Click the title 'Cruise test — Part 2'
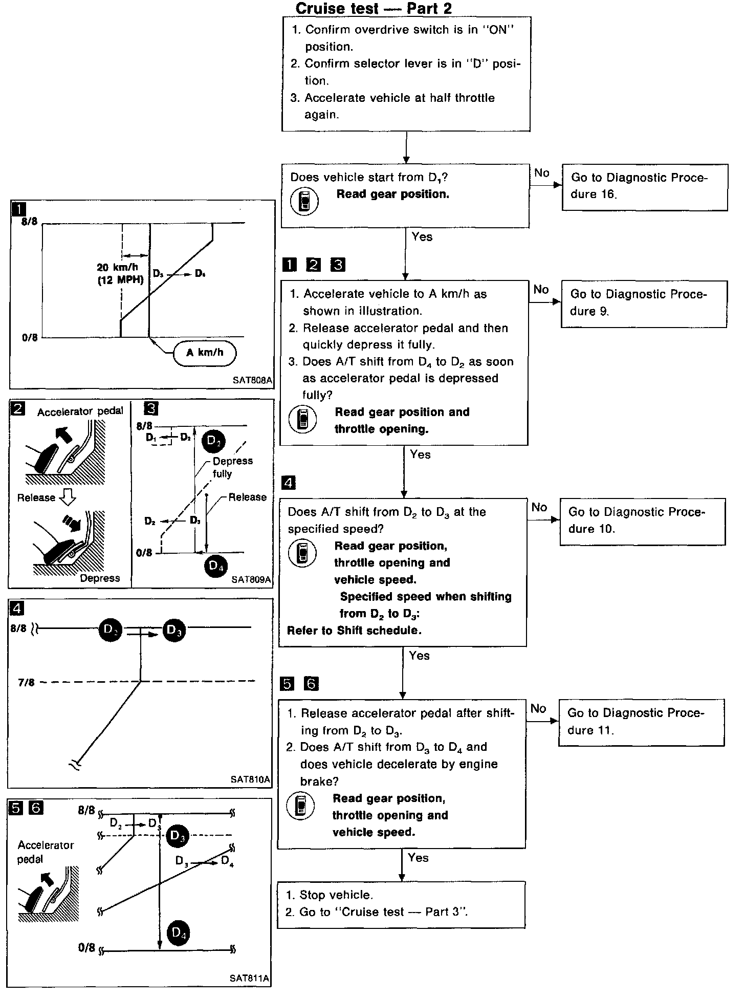pyautogui.click(x=374, y=8)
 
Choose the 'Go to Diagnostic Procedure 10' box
pyautogui.click(x=642, y=521)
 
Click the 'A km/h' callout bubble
pyautogui.click(x=205, y=353)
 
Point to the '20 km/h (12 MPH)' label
pyautogui.click(x=121, y=274)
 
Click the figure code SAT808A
pyautogui.click(x=252, y=381)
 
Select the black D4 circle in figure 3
pyautogui.click(x=216, y=566)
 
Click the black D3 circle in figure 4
pyautogui.click(x=174, y=630)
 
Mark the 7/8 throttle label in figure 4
pyautogui.click(x=26, y=682)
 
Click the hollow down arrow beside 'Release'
pyautogui.click(x=68, y=497)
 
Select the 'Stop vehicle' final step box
pyautogui.click(x=401, y=904)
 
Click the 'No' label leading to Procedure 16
pyautogui.click(x=541, y=173)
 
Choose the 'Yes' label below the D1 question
pyautogui.click(x=422, y=237)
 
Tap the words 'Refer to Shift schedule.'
pyautogui.click(x=354, y=631)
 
